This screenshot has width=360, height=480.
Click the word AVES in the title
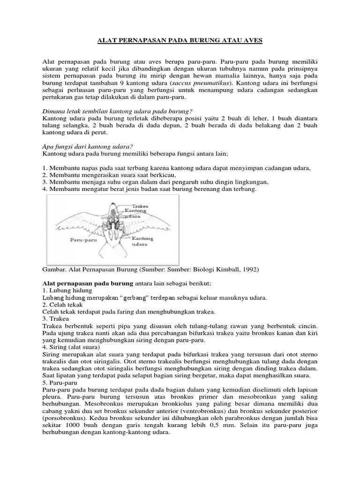(253, 41)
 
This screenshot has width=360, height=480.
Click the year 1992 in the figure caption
(248, 270)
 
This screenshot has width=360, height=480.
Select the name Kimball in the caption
(223, 270)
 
